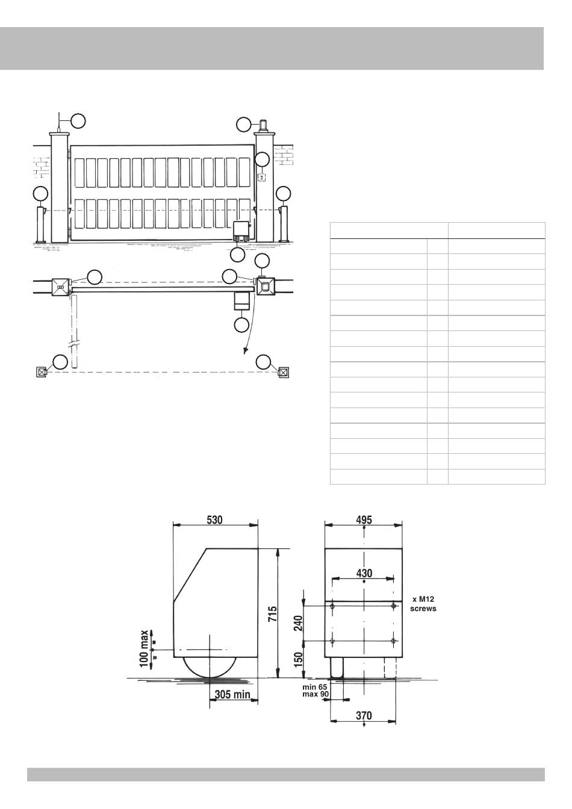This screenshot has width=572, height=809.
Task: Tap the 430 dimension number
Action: (364, 573)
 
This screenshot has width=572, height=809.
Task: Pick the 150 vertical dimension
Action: (299, 660)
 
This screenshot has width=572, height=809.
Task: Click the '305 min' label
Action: (232, 694)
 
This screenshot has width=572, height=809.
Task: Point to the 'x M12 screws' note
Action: (423, 604)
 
